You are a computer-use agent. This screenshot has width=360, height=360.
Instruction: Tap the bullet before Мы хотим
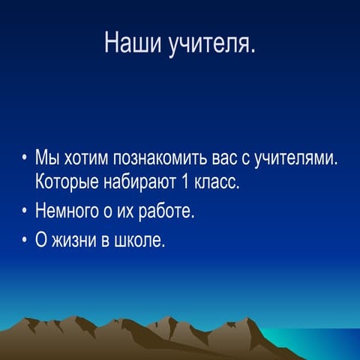click(25, 159)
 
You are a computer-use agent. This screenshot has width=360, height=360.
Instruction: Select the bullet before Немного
click(25, 212)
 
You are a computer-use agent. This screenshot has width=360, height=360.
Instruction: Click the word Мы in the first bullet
click(46, 159)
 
